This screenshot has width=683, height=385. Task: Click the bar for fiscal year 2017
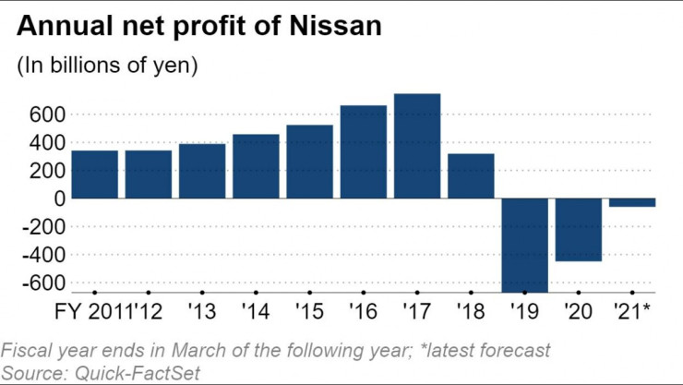(417, 146)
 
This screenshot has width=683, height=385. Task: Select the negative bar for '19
(524, 245)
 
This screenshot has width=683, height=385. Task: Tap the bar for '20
(579, 230)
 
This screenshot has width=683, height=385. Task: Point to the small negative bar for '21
(632, 202)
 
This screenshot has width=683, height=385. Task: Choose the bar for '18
(471, 175)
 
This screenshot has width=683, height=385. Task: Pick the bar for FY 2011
(94, 174)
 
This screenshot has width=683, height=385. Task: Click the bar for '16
(363, 151)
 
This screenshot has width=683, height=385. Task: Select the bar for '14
(256, 166)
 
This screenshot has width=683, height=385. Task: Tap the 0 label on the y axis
(58, 199)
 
